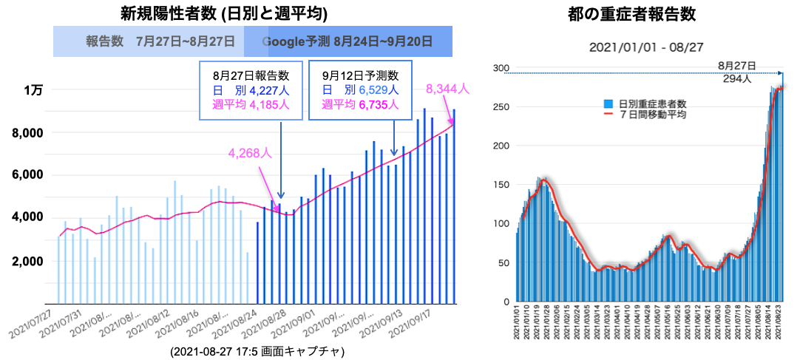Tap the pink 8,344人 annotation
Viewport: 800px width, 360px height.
tap(447, 89)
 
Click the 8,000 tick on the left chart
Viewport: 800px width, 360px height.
tap(28, 133)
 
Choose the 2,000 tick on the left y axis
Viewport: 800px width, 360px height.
tap(28, 262)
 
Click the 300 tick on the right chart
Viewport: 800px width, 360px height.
tap(501, 69)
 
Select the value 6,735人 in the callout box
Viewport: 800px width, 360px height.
tap(379, 105)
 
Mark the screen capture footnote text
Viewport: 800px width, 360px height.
tap(257, 350)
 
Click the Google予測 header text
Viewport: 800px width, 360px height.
tap(348, 41)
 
